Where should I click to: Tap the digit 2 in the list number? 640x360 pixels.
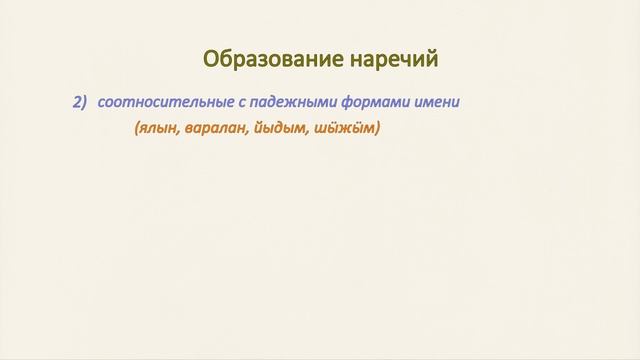pos(76,101)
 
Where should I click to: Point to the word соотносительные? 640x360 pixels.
pos(159,101)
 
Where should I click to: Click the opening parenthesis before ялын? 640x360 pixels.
pos(135,129)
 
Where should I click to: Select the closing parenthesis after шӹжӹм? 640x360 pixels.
pos(378,129)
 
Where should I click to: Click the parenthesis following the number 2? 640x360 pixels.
pos(85,101)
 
